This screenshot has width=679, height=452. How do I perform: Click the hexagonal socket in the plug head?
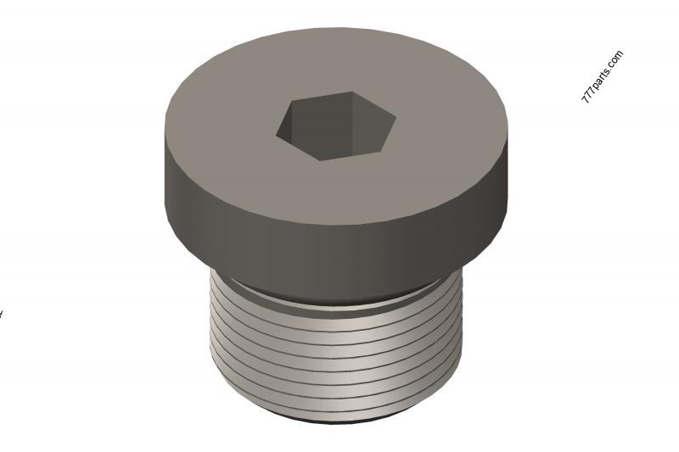click(336, 126)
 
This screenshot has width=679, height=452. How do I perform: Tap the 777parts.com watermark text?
click(602, 77)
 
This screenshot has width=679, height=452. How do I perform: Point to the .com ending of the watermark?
click(617, 59)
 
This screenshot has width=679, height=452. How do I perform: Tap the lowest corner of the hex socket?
click(320, 161)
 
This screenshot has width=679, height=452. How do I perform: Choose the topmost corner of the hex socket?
click(351, 92)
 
